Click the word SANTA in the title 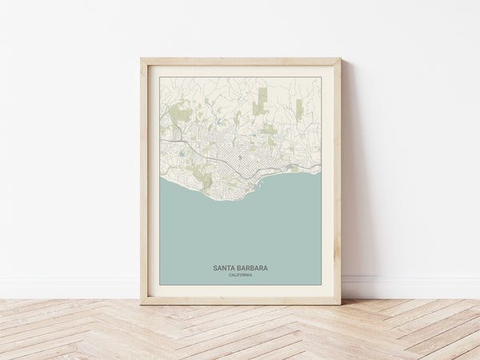click(x=226, y=268)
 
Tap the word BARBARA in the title click(x=252, y=268)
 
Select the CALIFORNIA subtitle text click(x=240, y=275)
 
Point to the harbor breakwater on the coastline click(x=258, y=185)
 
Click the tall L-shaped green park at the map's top click(x=261, y=102)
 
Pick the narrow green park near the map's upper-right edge click(x=299, y=109)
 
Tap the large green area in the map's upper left click(x=182, y=114)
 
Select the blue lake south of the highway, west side click(x=182, y=154)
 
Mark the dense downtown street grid click(x=236, y=156)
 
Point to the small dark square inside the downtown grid click(x=239, y=157)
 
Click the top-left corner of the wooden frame click(x=142, y=59)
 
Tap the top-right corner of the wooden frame click(x=339, y=59)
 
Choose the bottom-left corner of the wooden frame click(x=142, y=303)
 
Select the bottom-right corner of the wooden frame click(x=339, y=303)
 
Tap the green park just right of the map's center click(x=269, y=129)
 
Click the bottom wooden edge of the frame click(x=240, y=301)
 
